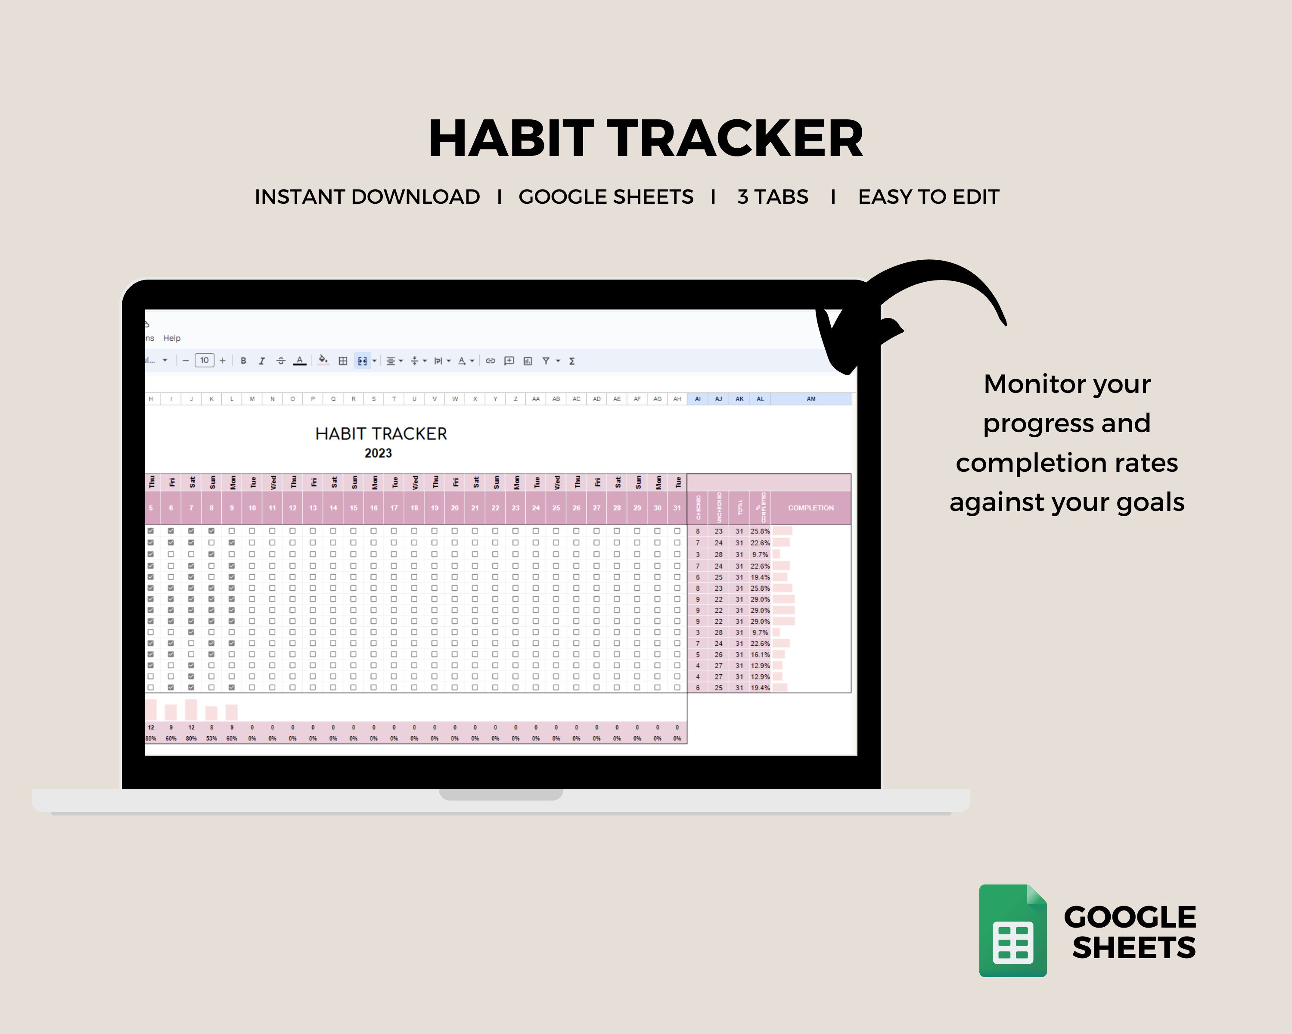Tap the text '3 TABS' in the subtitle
point(773,196)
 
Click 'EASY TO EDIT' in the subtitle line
point(928,196)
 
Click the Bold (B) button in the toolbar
point(243,361)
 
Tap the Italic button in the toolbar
point(261,361)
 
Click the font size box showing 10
point(204,360)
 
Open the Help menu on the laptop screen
point(172,338)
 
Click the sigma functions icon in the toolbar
point(571,361)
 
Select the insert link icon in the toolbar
point(490,361)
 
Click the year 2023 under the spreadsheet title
point(378,453)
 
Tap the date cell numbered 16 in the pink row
point(373,508)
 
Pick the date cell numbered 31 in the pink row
point(677,508)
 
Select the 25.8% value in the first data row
point(760,531)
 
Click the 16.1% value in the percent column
point(760,654)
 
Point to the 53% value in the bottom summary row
point(211,738)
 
